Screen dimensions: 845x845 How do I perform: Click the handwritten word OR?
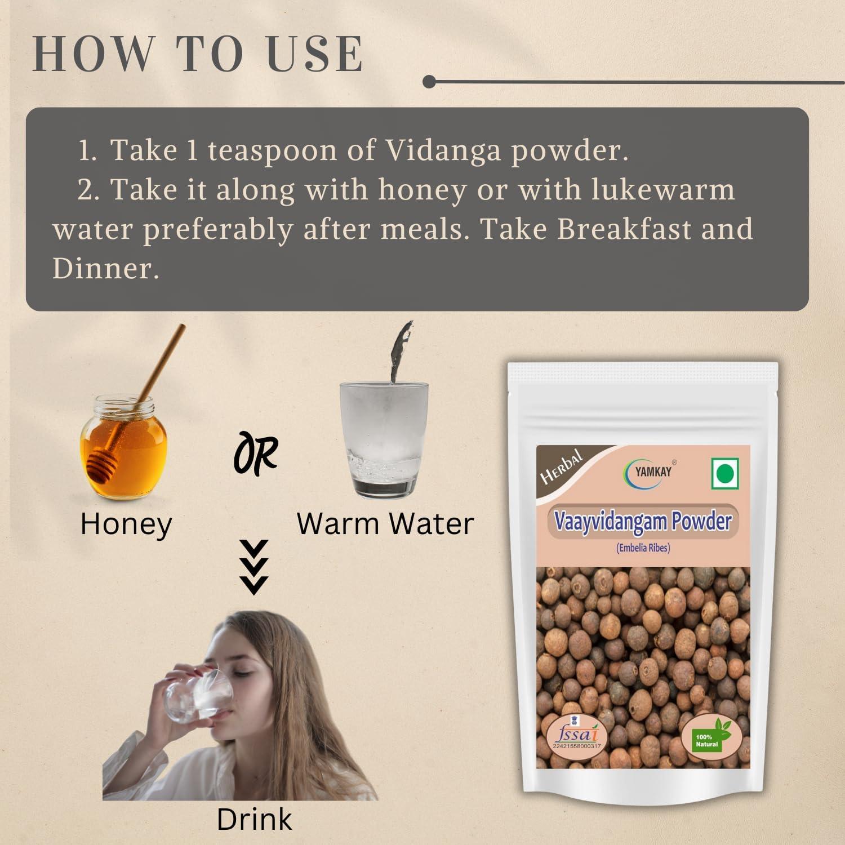(256, 453)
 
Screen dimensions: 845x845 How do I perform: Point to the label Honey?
(126, 524)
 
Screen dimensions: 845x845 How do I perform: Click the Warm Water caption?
(385, 523)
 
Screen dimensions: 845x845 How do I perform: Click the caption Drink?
(254, 820)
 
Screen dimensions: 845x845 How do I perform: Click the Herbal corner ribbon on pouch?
(561, 467)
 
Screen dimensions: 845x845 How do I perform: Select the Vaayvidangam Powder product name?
(643, 522)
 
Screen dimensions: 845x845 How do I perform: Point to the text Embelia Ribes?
(643, 547)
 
